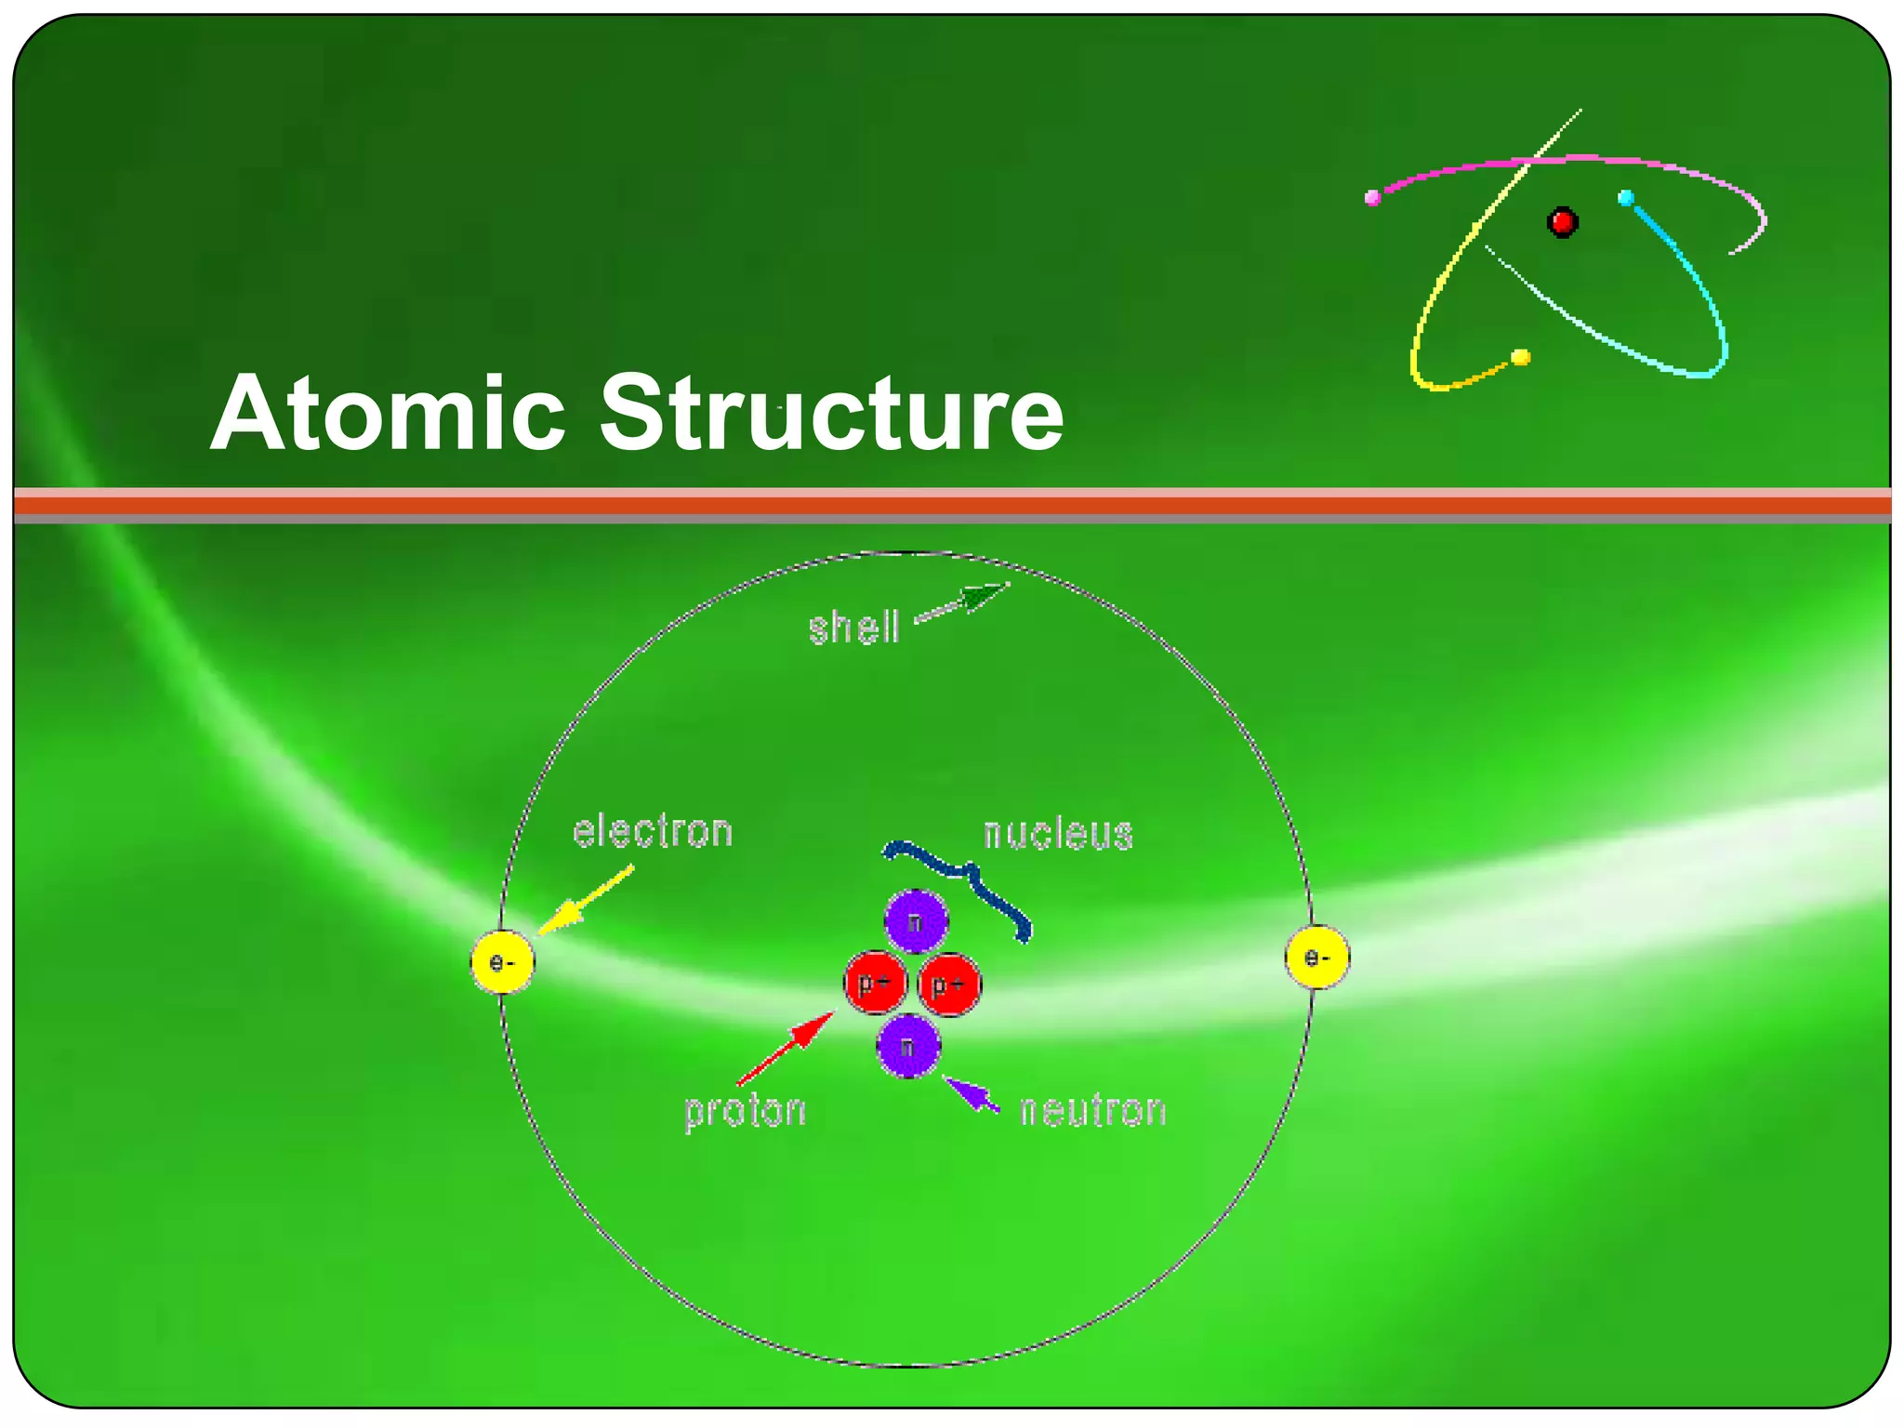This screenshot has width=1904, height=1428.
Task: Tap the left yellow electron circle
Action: coord(502,961)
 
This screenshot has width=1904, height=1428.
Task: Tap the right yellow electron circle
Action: coord(1316,957)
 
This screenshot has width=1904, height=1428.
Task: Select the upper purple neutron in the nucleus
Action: coord(916,921)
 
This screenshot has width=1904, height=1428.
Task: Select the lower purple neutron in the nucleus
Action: coord(908,1046)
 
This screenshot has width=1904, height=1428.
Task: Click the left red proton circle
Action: coord(875,983)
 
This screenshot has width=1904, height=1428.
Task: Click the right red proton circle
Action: coord(949,985)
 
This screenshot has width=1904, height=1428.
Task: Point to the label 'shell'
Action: coord(853,628)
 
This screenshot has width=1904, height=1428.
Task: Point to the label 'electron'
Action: coord(653,831)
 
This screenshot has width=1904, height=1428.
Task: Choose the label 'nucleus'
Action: coord(1058,833)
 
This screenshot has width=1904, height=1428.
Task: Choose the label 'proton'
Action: coord(745,1110)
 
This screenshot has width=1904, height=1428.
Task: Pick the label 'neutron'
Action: coord(1092,1110)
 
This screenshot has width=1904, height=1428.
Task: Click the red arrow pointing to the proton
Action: coord(787,1049)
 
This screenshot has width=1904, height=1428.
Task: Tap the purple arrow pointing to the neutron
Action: coord(971,1093)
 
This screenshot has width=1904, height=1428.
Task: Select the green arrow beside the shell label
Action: coord(962,602)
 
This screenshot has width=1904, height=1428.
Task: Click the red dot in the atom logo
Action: coord(1562,222)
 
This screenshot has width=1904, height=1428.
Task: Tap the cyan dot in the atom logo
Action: coord(1625,198)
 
